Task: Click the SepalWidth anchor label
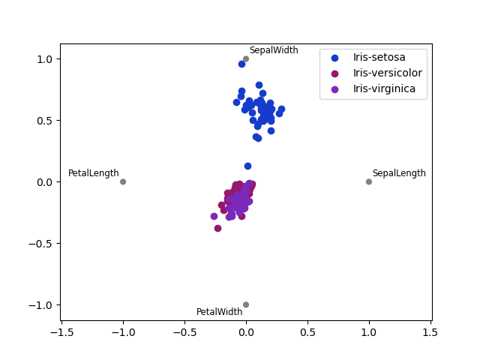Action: pyautogui.click(x=274, y=50)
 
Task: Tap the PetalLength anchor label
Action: pyautogui.click(x=94, y=173)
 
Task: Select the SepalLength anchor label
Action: pyautogui.click(x=399, y=173)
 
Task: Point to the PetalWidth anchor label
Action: pyautogui.click(x=220, y=312)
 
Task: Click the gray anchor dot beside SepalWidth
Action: pyautogui.click(x=246, y=58)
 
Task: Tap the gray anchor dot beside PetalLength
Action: pyautogui.click(x=123, y=181)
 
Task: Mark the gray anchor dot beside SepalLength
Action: pyautogui.click(x=369, y=181)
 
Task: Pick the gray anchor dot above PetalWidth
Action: pyautogui.click(x=246, y=304)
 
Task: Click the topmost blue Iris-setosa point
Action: pyautogui.click(x=241, y=64)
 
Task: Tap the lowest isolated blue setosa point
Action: pyautogui.click(x=247, y=166)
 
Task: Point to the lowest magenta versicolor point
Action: pyautogui.click(x=217, y=228)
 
